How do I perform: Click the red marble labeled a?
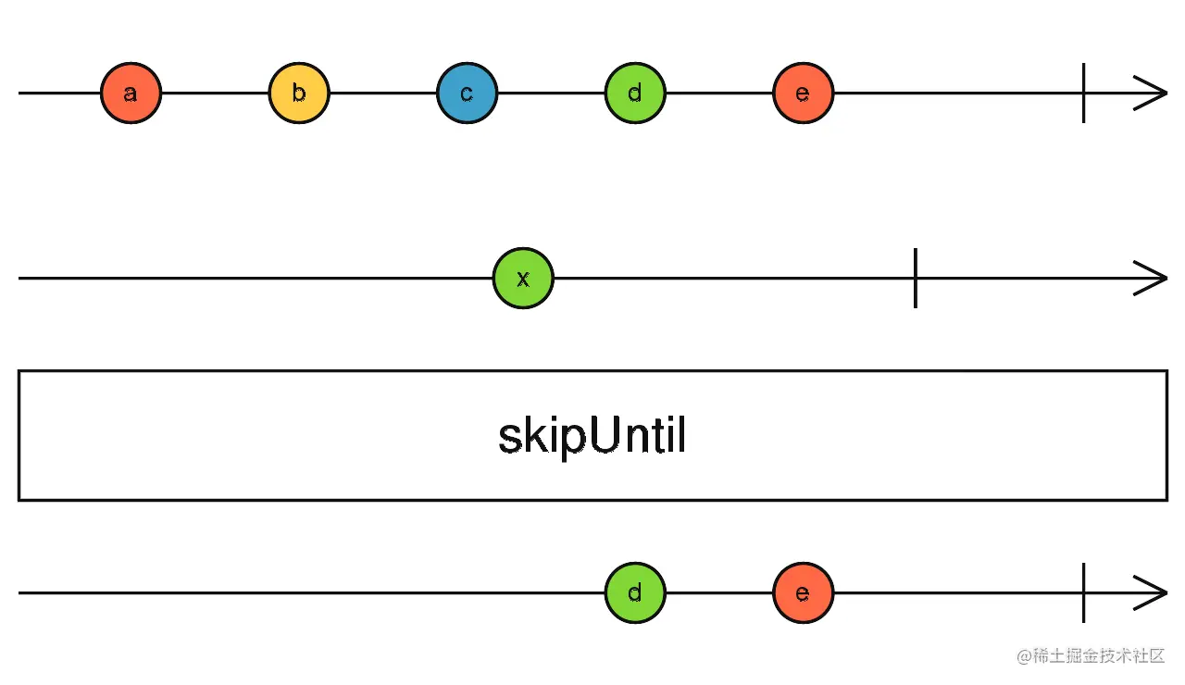point(131,93)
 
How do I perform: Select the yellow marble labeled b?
point(299,93)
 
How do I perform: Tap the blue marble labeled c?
point(468,93)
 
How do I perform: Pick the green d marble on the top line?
point(635,93)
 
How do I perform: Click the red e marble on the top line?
point(803,93)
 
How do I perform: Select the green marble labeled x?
point(523,279)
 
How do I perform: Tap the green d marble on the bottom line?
point(635,593)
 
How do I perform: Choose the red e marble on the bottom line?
point(803,593)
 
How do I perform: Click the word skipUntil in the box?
point(592,436)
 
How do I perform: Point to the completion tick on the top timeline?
point(1083,93)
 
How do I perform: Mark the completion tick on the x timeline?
point(916,279)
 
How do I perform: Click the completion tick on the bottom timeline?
point(1083,593)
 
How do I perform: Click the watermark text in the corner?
point(1091,656)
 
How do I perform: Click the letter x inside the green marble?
point(523,279)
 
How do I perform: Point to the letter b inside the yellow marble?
point(299,93)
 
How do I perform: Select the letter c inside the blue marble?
point(467,94)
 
